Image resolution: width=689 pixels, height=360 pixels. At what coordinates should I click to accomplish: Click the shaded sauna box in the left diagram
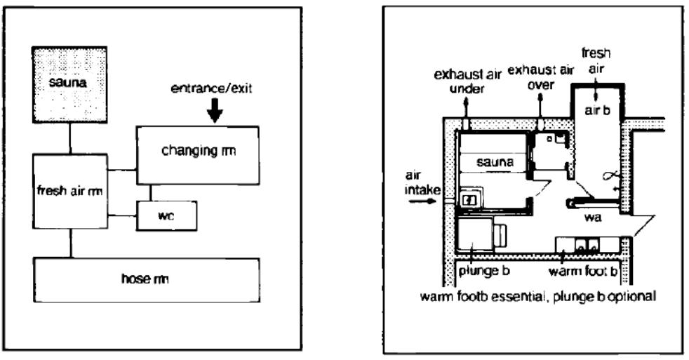pyautogui.click(x=69, y=84)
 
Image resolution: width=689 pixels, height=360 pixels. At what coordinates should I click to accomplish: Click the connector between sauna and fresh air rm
pyautogui.click(x=69, y=137)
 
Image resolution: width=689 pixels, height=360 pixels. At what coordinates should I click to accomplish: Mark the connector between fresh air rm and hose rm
pyautogui.click(x=69, y=243)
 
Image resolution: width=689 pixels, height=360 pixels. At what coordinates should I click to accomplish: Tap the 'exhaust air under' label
pyautogui.click(x=465, y=80)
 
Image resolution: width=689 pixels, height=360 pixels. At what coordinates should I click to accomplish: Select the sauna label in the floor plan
pyautogui.click(x=495, y=161)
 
